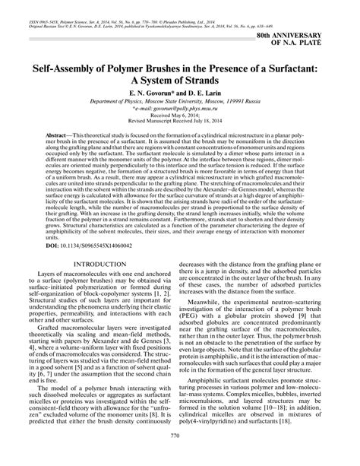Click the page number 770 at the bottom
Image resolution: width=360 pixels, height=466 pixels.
pos(179,456)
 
